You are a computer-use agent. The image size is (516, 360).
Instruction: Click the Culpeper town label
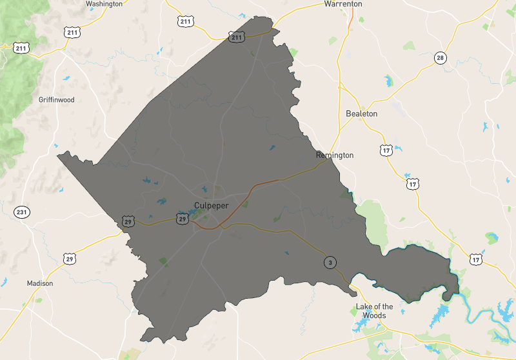(x=212, y=206)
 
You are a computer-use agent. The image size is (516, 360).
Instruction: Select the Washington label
(x=104, y=4)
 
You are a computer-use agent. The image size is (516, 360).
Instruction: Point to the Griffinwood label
(x=57, y=100)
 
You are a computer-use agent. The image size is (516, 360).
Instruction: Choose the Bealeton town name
(x=362, y=114)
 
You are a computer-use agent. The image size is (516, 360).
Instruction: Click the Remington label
(x=335, y=155)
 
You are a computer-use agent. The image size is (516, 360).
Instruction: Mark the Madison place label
(x=40, y=283)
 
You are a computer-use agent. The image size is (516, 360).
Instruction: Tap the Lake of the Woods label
(x=374, y=311)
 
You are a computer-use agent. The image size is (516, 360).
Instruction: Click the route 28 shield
(x=441, y=58)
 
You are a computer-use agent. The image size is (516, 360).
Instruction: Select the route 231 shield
(x=22, y=212)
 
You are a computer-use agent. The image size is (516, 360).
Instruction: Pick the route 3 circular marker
(x=330, y=263)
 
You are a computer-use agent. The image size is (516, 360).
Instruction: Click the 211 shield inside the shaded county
(x=237, y=38)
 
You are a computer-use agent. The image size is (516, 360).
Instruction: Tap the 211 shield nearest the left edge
(x=21, y=48)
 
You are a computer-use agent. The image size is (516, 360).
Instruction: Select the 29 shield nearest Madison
(x=70, y=259)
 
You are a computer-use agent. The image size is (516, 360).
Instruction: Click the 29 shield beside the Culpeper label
(x=183, y=219)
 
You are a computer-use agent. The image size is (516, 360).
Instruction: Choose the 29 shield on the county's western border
(x=128, y=221)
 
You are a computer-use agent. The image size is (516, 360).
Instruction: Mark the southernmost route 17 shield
(x=476, y=259)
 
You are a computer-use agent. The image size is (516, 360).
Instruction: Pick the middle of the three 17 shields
(x=413, y=185)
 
